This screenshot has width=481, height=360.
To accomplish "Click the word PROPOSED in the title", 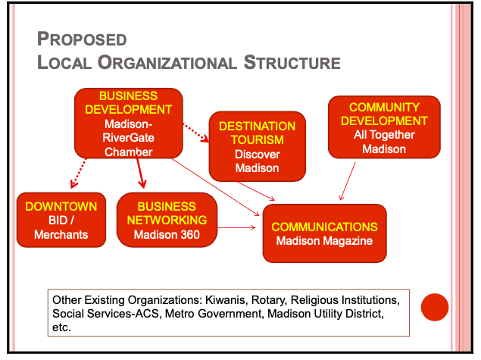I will tap(83, 39).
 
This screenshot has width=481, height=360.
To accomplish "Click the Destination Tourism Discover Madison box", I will tap(257, 146).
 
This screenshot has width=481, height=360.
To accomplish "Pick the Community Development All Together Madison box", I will tap(383, 127).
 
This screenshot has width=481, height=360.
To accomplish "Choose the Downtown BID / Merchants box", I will tap(61, 220).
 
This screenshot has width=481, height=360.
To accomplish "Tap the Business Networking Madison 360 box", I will tap(167, 220).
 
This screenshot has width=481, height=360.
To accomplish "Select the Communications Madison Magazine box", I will tap(324, 233).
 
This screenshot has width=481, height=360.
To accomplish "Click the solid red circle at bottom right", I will tap(435, 307).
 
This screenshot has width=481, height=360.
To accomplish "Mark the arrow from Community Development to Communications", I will tap(349, 180).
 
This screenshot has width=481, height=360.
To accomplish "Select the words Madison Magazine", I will tap(324, 241).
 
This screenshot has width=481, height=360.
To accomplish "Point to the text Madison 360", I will tap(167, 234).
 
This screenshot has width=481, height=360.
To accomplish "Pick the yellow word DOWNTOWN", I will tap(61, 206).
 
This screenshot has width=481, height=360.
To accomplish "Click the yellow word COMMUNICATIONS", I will tap(324, 227).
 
